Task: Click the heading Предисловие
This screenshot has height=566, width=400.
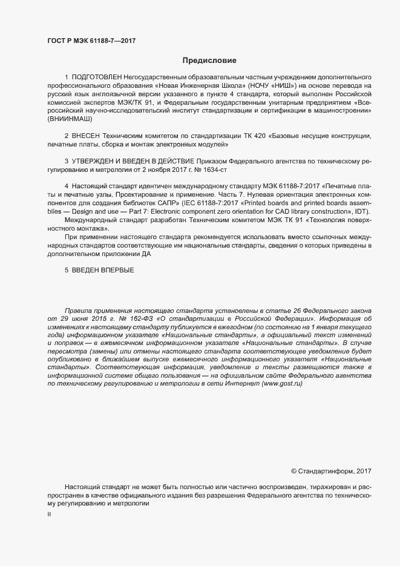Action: click(209, 61)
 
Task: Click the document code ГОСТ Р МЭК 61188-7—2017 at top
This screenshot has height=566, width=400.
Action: click(91, 40)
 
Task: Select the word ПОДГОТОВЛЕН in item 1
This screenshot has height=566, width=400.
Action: click(97, 78)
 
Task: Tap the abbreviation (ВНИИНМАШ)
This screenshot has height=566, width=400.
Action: click(70, 119)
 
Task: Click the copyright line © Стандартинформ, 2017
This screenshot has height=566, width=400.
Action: click(331, 470)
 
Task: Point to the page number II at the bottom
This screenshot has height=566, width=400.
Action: click(48, 514)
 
